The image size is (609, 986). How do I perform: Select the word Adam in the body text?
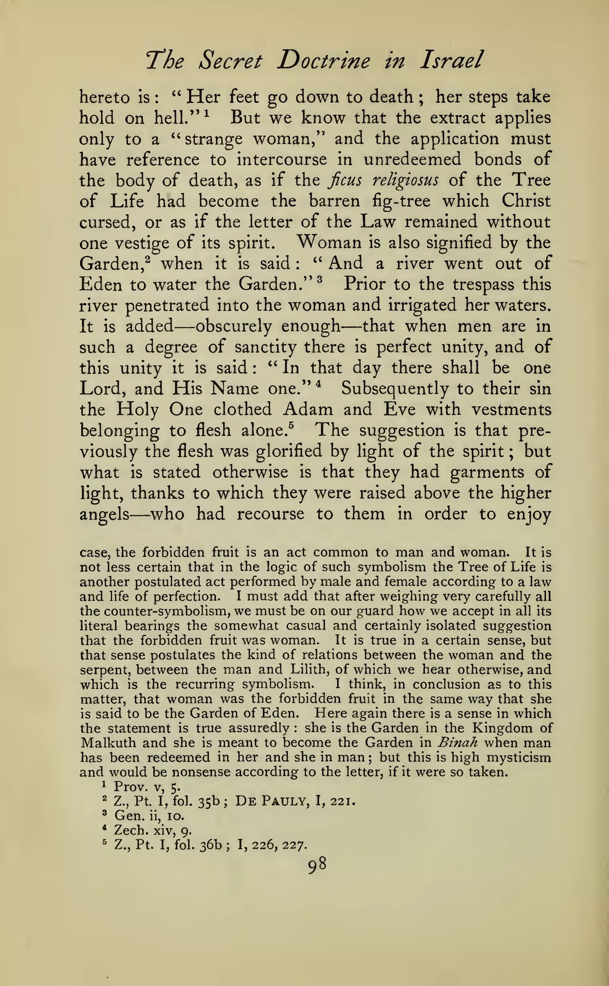[x=308, y=410]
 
